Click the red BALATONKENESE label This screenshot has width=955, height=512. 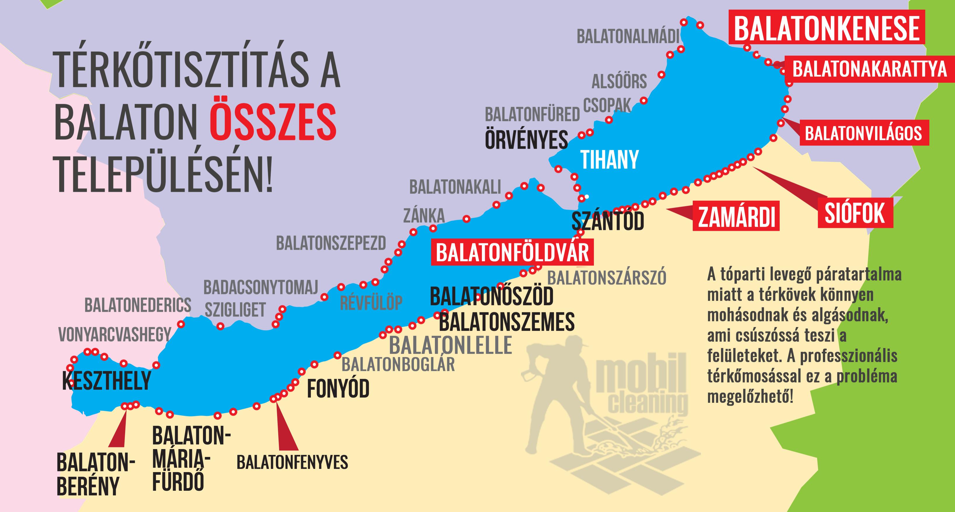click(x=826, y=29)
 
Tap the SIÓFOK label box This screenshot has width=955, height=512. click(x=855, y=213)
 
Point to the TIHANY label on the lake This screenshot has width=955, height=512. click(x=609, y=160)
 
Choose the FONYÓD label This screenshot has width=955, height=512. click(x=338, y=389)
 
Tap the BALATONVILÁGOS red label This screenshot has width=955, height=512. click(x=863, y=133)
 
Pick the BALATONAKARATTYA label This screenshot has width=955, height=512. click(x=869, y=69)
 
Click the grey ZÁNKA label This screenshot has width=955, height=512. click(x=424, y=215)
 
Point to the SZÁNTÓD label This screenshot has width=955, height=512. click(x=608, y=221)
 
